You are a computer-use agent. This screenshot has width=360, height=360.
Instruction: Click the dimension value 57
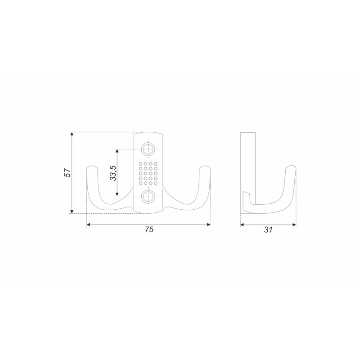[67, 173]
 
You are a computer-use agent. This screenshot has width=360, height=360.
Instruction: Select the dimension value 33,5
[113, 173]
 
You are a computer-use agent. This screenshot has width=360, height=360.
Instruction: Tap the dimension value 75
[149, 229]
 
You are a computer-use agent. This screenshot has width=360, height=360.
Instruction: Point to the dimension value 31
[268, 229]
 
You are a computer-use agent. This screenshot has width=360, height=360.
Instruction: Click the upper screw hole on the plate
[148, 149]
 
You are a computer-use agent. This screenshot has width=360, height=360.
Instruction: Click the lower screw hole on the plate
[148, 196]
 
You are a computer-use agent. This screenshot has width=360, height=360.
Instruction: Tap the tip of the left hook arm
[92, 166]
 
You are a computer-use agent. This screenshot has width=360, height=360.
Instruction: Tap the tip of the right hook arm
[205, 166]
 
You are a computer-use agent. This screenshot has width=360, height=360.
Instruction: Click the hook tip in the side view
[291, 166]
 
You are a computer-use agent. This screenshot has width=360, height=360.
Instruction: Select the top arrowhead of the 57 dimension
[72, 134]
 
